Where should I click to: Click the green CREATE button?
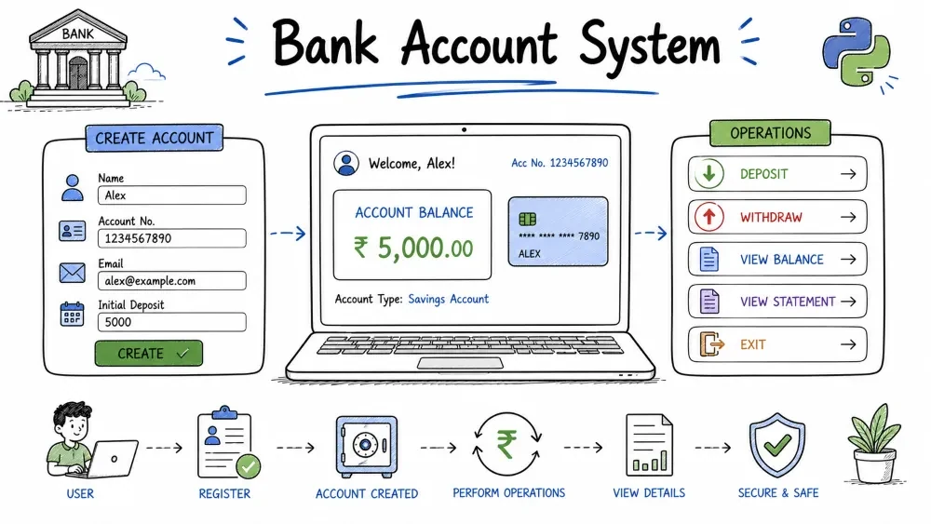coord(148,353)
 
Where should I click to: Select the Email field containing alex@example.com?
coord(171,281)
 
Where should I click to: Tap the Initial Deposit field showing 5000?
coord(171,322)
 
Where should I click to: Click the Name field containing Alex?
coord(171,195)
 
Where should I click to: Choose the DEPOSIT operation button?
coord(777,174)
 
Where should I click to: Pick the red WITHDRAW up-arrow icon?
coord(708,217)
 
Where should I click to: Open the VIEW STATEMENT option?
coord(777,302)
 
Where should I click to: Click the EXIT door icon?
coord(711,344)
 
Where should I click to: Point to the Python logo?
coord(857,51)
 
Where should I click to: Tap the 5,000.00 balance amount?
coord(414,249)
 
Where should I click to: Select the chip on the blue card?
coord(527,219)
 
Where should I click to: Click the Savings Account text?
coord(449,299)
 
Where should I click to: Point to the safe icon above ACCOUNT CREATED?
coord(366,446)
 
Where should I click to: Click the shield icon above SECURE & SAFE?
coord(777,445)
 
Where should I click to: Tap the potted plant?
coord(874,444)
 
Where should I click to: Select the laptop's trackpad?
coord(460,363)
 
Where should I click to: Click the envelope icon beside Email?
coord(73,273)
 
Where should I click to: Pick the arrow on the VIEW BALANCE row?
coord(848,260)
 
